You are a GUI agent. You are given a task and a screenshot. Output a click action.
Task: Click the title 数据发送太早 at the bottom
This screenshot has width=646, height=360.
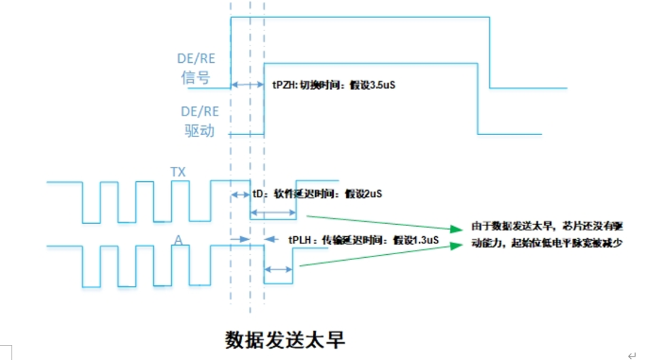[285, 340]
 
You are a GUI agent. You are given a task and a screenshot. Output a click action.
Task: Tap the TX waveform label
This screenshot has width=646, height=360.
[178, 172]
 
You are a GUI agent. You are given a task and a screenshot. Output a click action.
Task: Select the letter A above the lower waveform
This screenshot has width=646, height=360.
[178, 240]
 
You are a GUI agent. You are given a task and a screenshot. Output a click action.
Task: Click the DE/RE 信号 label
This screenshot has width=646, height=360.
[196, 68]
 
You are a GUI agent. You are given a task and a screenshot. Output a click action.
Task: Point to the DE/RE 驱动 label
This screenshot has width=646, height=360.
[200, 121]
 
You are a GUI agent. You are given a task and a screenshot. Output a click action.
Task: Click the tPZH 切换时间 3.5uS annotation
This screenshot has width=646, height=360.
[334, 85]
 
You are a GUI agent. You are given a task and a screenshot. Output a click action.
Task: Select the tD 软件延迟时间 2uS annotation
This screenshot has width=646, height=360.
[317, 194]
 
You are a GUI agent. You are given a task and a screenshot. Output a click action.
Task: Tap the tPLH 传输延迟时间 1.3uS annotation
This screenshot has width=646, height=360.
[364, 240]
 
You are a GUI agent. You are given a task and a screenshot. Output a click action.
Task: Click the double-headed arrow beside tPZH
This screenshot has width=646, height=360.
[247, 85]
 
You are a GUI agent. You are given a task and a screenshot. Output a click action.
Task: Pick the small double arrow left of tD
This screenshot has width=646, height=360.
[240, 194]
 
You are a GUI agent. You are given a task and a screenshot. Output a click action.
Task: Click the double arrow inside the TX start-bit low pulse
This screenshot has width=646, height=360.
[273, 212]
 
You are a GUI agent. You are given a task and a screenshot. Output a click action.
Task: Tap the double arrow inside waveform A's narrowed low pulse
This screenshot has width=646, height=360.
[278, 269]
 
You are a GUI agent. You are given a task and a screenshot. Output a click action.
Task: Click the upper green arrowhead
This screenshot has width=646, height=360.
[456, 229]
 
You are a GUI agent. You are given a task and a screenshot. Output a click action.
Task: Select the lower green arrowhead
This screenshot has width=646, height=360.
[456, 246]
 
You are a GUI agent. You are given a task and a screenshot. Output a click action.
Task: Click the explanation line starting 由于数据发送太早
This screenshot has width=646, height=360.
[547, 225]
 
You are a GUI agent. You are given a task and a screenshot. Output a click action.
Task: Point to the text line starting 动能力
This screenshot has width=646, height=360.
[547, 243]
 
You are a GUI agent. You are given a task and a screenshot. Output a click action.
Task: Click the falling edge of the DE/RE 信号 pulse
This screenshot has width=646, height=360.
[489, 53]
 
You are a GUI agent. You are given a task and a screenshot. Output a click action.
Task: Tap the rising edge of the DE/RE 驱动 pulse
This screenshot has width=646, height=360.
[264, 99]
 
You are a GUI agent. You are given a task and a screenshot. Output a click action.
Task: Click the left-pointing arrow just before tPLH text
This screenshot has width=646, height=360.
[271, 239]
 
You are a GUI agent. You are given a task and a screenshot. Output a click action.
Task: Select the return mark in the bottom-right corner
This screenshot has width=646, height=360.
[632, 355]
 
